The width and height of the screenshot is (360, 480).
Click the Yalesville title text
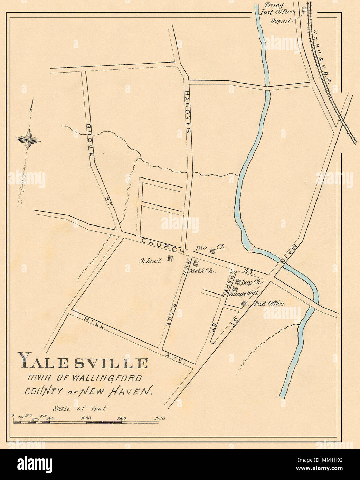[83, 363]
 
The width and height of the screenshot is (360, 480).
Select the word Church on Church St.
[163, 245]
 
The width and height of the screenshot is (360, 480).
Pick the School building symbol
[170, 258]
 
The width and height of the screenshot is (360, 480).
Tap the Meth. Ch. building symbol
[196, 263]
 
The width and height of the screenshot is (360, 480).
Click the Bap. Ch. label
[252, 282]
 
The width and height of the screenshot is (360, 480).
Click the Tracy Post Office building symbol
[304, 10]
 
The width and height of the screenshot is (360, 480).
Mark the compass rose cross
[28, 140]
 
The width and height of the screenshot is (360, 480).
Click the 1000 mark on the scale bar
[86, 418]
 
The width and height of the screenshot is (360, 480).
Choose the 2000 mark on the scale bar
[159, 418]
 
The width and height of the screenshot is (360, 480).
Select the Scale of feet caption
[79, 409]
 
